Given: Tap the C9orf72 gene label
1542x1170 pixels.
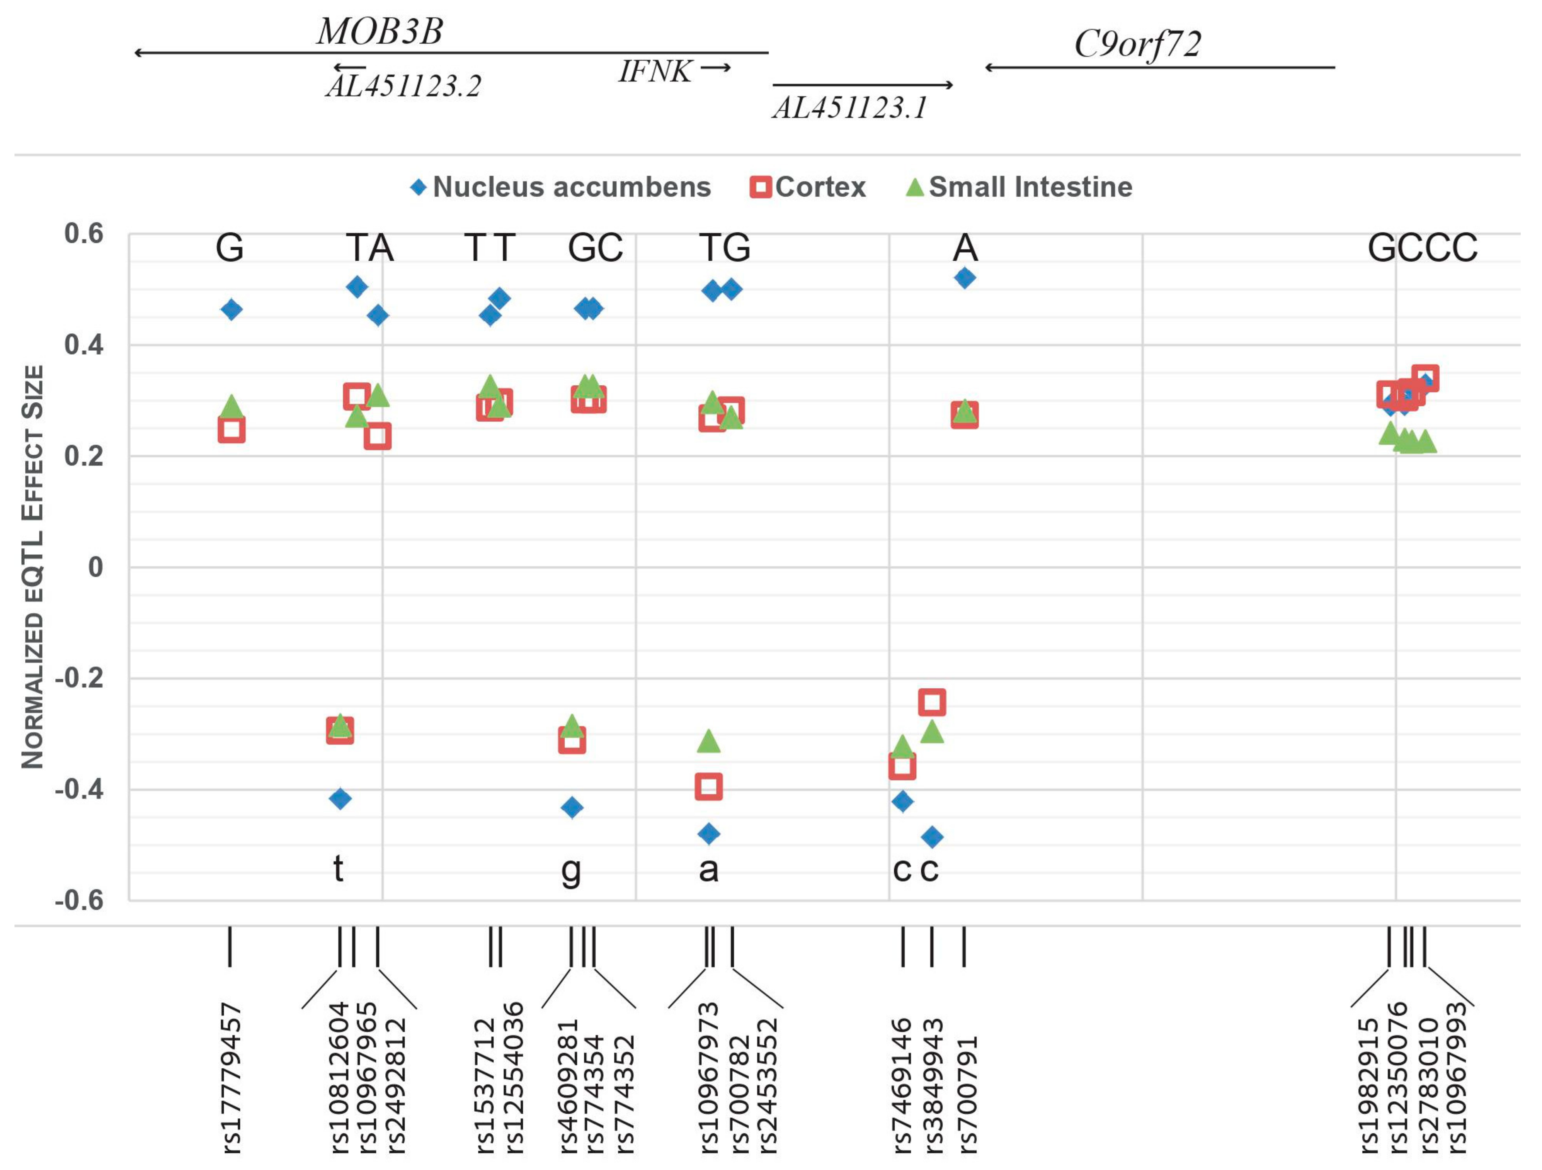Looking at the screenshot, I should coord(1138,44).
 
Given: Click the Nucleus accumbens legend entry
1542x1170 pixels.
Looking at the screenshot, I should coord(561,187).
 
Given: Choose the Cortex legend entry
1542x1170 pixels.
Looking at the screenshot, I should coord(808,187).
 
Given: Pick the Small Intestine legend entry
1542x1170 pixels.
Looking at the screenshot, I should coord(1019,187).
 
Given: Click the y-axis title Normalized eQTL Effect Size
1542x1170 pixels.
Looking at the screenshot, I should coord(33,567).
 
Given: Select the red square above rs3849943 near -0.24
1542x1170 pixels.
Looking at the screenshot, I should coord(932,702).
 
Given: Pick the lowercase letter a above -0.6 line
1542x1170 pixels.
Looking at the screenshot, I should coord(708,869).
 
